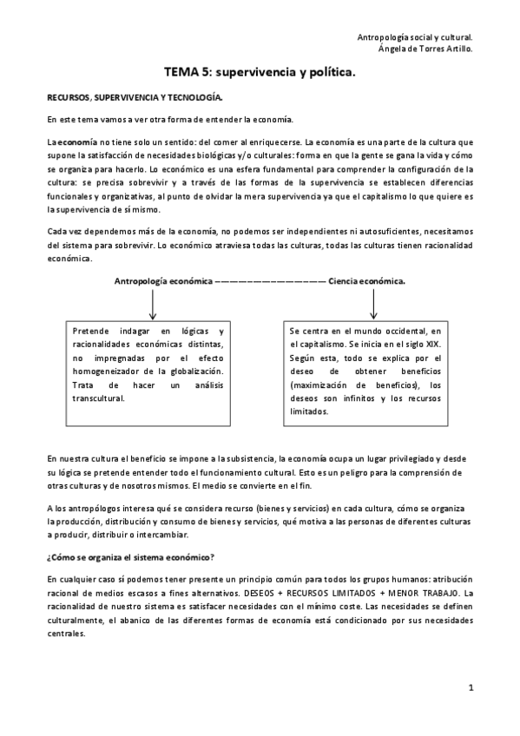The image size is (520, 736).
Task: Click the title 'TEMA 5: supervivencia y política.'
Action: [260, 75]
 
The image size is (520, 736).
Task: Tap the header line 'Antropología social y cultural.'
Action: [415, 37]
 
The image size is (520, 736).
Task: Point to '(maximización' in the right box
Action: [319, 384]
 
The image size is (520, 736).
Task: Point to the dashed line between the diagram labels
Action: [269, 280]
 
